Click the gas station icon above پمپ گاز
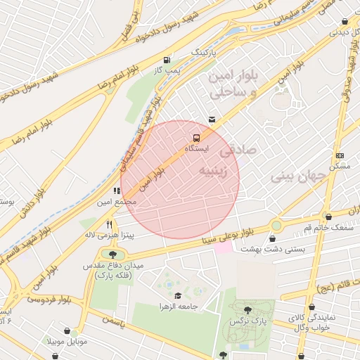(x=166, y=60)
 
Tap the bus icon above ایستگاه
(x=196, y=138)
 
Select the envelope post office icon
(x=212, y=120)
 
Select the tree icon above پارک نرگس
(x=247, y=309)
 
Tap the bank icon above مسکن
(x=340, y=155)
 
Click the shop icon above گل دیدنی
(x=344, y=21)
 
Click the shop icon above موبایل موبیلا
(x=67, y=331)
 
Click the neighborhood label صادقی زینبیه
(x=229, y=161)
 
